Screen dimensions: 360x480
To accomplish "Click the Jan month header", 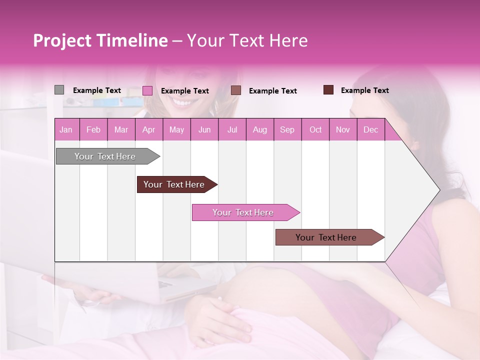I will [x=66, y=129].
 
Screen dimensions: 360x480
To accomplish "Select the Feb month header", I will [x=93, y=129].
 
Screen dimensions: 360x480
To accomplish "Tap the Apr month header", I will [x=149, y=129].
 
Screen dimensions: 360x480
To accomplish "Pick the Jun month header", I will [x=204, y=129].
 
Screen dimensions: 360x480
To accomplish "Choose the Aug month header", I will [x=260, y=129].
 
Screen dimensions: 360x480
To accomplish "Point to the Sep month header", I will [x=287, y=129].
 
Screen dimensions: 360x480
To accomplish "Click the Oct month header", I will [x=315, y=129].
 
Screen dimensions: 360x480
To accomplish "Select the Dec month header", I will [x=371, y=129].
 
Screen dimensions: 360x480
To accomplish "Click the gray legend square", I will [x=59, y=90].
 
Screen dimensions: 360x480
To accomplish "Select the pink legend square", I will [x=147, y=90].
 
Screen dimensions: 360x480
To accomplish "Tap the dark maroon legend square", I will [x=328, y=90].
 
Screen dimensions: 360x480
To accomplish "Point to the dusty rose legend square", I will [x=236, y=90].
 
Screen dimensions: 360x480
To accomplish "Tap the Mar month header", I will [x=121, y=129].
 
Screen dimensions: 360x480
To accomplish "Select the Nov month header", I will [x=343, y=129].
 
